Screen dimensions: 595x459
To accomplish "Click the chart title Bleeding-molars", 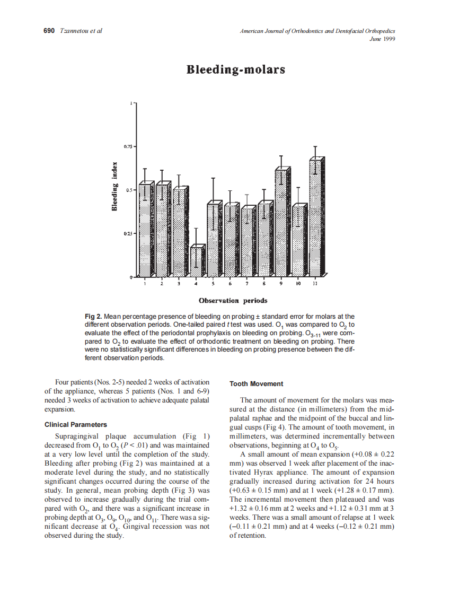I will click(235, 70).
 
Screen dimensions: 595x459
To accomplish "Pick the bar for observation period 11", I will click(316, 217).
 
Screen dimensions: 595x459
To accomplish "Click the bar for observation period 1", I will click(145, 231).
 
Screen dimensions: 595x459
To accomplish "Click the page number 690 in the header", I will click(49, 31).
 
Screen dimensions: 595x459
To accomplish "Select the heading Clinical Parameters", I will click(76, 424).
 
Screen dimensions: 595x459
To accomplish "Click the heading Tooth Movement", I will click(257, 384).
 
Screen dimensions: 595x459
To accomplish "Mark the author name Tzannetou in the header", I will click(75, 31).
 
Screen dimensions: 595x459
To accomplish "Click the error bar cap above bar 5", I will click(213, 178).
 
